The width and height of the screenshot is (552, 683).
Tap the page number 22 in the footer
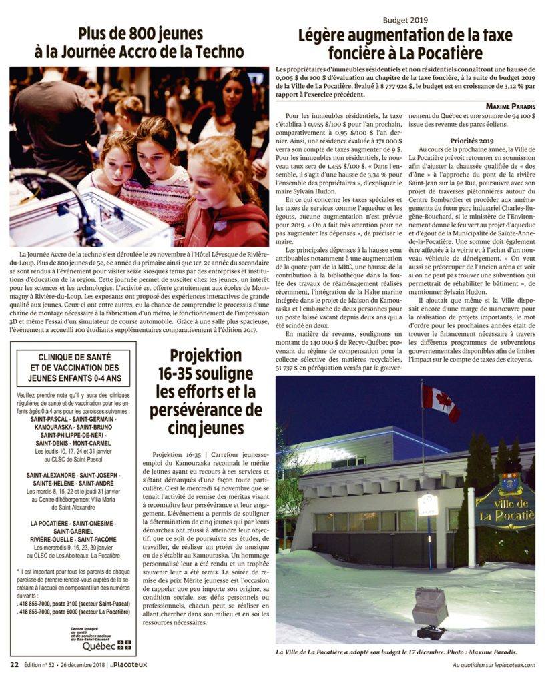14,664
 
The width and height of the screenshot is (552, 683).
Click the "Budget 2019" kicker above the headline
405,20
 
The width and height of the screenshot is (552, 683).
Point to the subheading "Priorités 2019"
471,141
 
